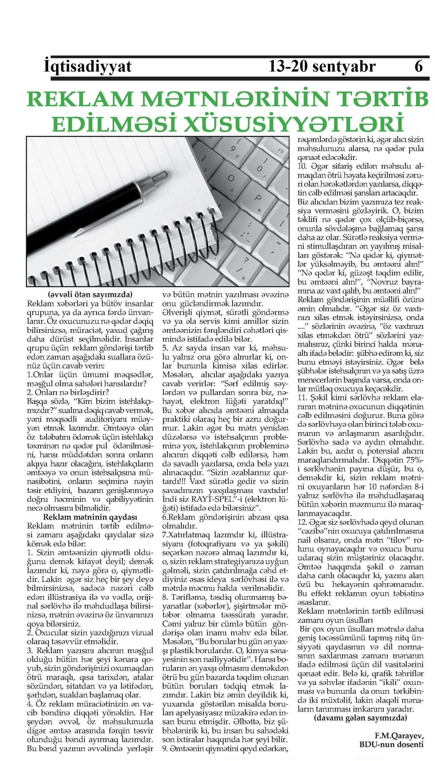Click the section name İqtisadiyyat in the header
(88, 66)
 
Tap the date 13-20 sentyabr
(322, 66)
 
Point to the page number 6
(418, 66)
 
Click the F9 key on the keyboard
(280, 150)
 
